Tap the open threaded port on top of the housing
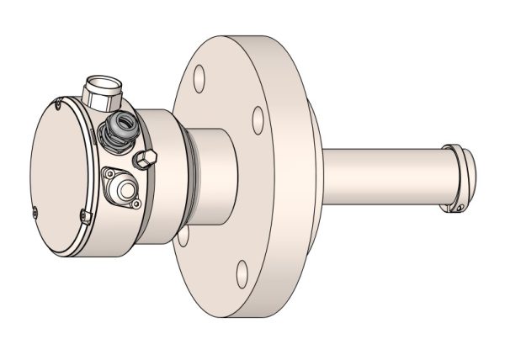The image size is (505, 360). (x=100, y=87)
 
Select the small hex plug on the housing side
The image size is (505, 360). (x=146, y=158)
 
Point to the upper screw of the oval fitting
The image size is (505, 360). (x=108, y=174)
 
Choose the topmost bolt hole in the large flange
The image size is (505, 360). (x=199, y=80)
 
